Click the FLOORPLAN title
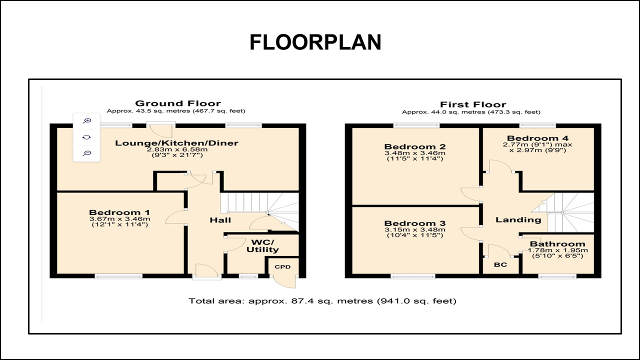point(315,43)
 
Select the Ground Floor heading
point(177,103)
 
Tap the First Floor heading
point(472,104)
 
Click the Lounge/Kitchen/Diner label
point(177,143)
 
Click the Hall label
point(220,220)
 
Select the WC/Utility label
point(262,245)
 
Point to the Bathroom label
point(557,244)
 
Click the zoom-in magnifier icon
point(87,120)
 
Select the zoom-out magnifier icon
point(87,153)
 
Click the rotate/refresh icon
point(87,137)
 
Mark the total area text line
point(322,301)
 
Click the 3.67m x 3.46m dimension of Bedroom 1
point(119,219)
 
